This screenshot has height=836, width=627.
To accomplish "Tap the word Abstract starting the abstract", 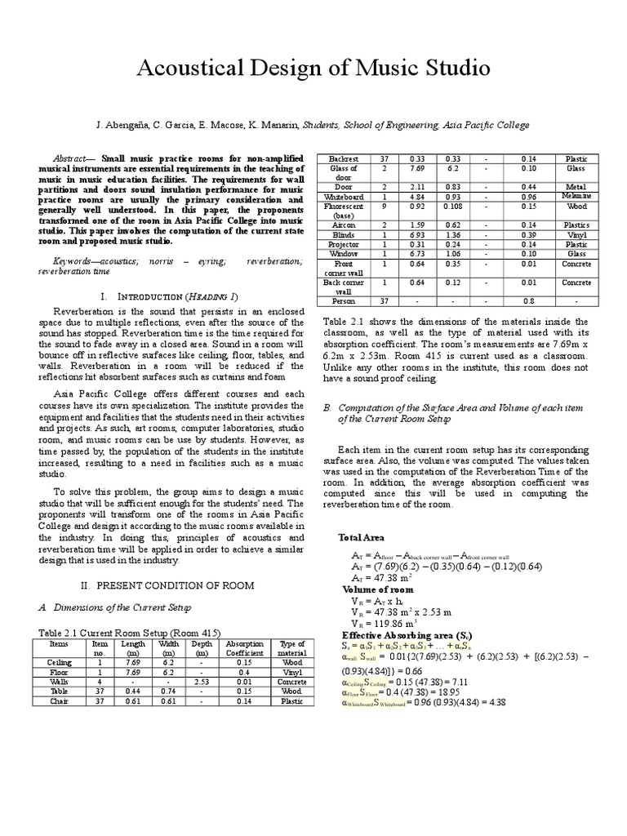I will tap(69, 158).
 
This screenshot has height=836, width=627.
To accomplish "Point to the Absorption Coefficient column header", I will tap(244, 648).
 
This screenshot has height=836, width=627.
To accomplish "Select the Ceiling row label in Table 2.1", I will tap(60, 662).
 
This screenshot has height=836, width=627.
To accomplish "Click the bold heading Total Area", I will tap(361, 537).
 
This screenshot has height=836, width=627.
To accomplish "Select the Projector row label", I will tap(344, 244).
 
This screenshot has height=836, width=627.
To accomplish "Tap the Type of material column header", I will tap(291, 648).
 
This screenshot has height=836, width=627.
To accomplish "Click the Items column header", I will tap(60, 643).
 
